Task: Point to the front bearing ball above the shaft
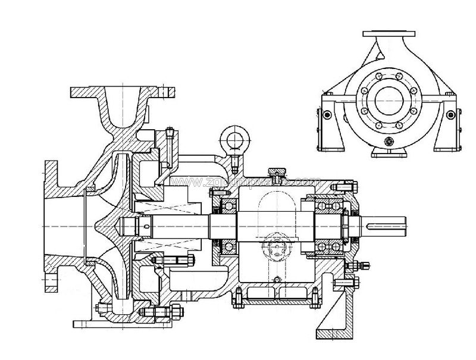point(227,206)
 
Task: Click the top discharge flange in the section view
point(124,93)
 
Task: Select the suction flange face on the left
point(50,226)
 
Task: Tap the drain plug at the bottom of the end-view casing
point(388,141)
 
